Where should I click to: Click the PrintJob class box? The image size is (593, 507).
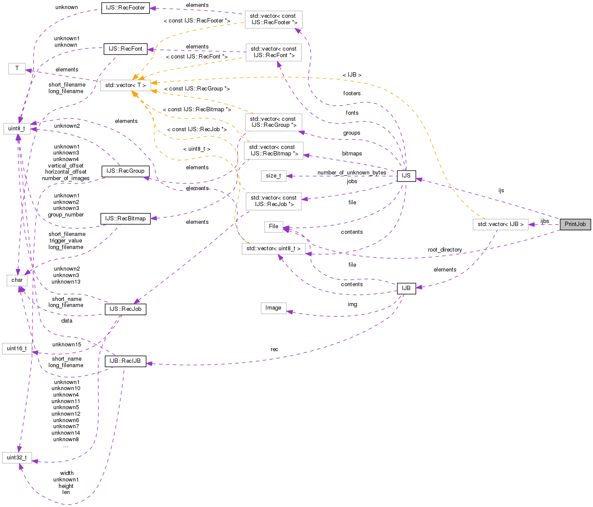(575, 224)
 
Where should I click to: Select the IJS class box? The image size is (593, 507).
(406, 176)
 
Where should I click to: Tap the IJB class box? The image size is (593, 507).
(406, 288)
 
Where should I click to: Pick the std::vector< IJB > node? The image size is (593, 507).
(500, 224)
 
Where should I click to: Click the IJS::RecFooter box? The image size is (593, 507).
(126, 8)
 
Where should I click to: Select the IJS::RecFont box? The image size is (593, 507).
(126, 49)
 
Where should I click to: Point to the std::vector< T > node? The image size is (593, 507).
(126, 85)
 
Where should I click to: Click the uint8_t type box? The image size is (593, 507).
(16, 129)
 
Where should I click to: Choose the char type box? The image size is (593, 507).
(17, 280)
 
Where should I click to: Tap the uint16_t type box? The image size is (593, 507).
(17, 349)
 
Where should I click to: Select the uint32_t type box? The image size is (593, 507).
(17, 458)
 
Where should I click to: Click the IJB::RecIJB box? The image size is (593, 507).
(125, 361)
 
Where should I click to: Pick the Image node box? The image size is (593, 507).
(273, 308)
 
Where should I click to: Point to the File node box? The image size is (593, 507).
(274, 226)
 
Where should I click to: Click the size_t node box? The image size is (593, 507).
(273, 176)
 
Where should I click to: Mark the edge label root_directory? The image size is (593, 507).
(444, 250)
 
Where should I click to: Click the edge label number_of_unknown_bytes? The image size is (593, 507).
(352, 173)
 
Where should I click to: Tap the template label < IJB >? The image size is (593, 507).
(352, 75)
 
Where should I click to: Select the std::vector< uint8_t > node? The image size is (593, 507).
(273, 249)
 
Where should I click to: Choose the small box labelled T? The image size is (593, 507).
(17, 68)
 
